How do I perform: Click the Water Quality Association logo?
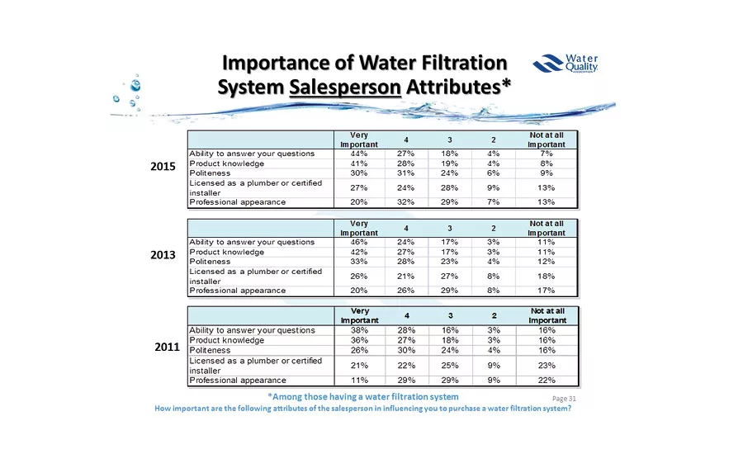pos(566,64)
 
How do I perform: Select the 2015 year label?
pos(163,167)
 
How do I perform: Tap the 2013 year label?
pos(163,255)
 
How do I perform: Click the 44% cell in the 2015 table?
pos(359,154)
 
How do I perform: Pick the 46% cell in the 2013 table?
pos(359,243)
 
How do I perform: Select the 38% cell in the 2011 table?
pos(359,330)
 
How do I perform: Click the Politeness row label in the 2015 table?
pos(210,173)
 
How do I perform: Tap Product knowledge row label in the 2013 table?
pos(227,252)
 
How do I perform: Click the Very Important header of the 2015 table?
pos(359,140)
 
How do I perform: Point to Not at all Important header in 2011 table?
pos(547,314)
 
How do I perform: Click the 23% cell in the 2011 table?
pos(547,365)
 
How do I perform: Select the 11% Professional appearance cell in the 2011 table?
pos(359,381)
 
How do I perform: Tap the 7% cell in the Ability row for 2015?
pos(547,154)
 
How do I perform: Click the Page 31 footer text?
pos(563,398)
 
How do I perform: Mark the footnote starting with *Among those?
pos(363,397)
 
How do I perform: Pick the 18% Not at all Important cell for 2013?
pos(547,276)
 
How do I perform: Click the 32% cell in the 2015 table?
pos(405,202)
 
